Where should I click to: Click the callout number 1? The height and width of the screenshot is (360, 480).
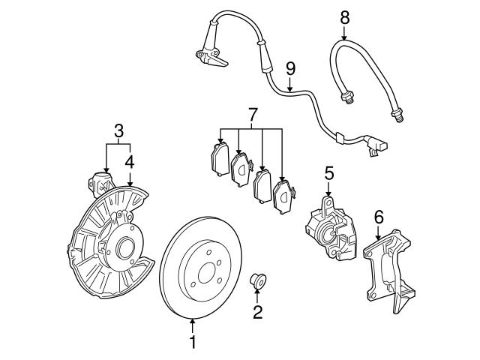(x=193, y=343)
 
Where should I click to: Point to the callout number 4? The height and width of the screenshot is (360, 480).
(x=130, y=160)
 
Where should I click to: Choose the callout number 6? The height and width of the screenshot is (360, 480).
(x=379, y=217)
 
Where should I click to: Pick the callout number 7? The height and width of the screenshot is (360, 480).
(x=252, y=115)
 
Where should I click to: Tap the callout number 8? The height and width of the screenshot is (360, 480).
(x=344, y=15)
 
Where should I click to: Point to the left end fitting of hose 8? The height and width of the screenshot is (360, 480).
(x=347, y=96)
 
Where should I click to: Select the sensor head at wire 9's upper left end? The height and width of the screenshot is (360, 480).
(x=207, y=56)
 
